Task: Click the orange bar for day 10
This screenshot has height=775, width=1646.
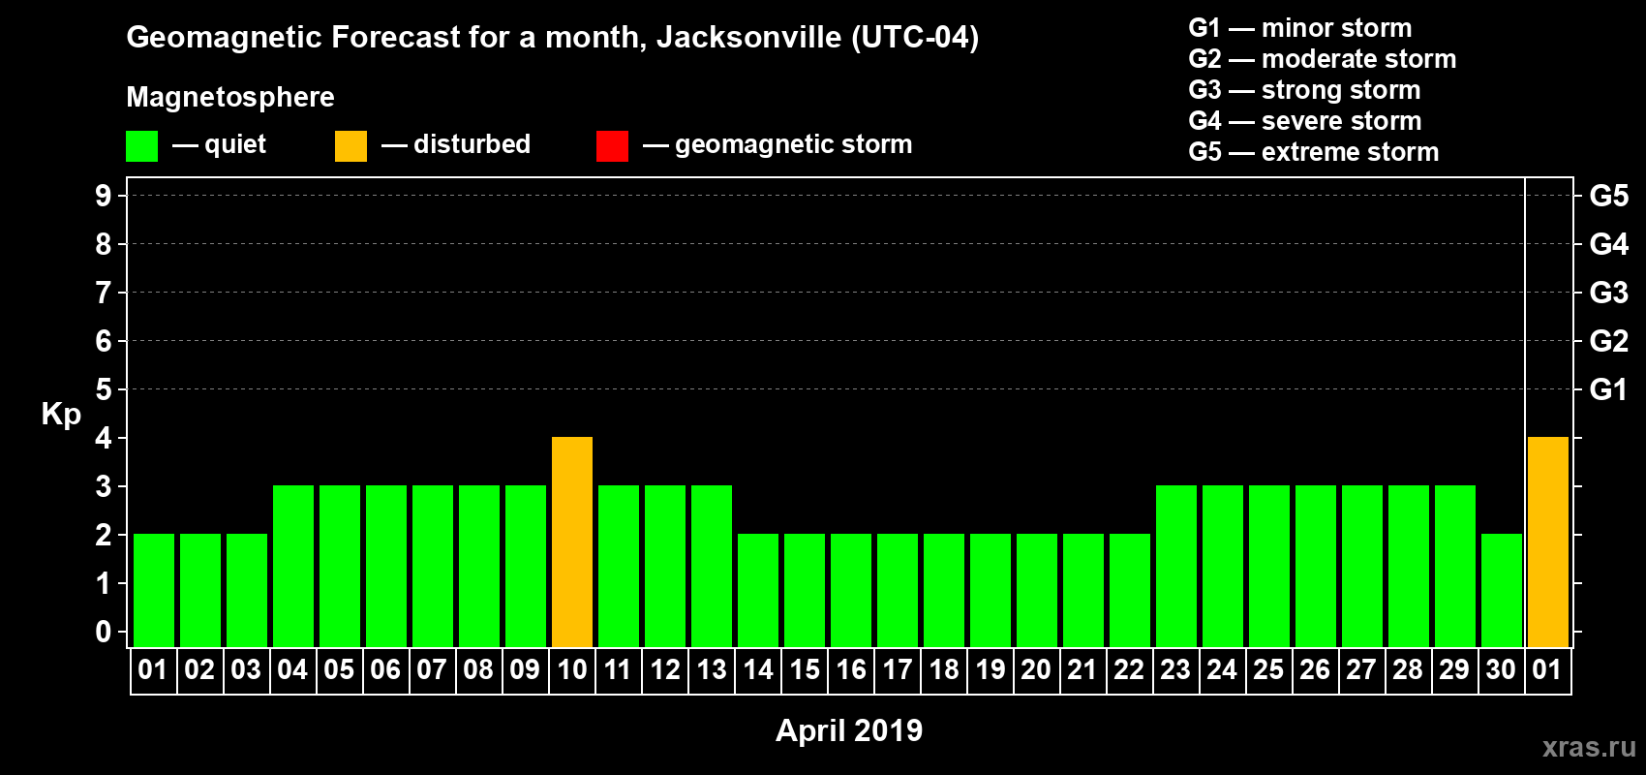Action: (572, 542)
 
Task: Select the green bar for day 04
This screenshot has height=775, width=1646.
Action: (293, 566)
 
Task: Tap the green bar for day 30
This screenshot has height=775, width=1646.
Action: (1502, 590)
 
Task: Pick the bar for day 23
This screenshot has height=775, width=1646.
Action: (1176, 566)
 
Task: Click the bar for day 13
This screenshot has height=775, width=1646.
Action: (712, 566)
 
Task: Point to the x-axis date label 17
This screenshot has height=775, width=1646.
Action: (898, 670)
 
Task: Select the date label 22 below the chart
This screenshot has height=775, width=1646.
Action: (1129, 670)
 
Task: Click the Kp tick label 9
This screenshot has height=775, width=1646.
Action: (104, 196)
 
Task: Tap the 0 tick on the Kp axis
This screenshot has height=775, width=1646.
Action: (104, 633)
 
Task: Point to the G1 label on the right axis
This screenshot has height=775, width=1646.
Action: (1608, 389)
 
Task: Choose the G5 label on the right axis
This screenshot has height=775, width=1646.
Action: (1608, 196)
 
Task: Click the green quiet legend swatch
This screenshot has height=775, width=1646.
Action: (141, 146)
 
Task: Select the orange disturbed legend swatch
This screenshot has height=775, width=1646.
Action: (351, 146)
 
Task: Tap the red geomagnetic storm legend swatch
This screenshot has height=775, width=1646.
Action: (612, 146)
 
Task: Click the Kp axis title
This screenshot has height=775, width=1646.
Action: (61, 415)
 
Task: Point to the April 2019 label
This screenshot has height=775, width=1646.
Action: (849, 730)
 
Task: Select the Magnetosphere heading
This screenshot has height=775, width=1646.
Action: (230, 97)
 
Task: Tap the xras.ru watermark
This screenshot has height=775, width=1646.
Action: (1589, 747)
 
